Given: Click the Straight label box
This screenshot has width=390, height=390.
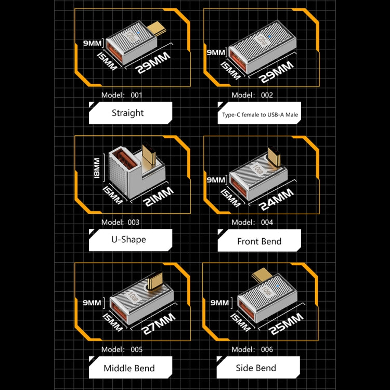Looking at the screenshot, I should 130,113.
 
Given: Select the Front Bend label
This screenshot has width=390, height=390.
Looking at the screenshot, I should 259,241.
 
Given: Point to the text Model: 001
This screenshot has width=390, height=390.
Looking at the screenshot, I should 121,95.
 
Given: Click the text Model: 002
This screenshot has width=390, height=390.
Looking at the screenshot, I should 252,95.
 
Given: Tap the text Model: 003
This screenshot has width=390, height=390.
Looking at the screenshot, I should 120,222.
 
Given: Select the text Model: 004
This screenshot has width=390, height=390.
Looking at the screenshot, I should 252,222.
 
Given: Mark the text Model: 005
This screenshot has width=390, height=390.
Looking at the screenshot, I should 121,349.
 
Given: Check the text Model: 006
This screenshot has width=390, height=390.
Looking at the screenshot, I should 252,349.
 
